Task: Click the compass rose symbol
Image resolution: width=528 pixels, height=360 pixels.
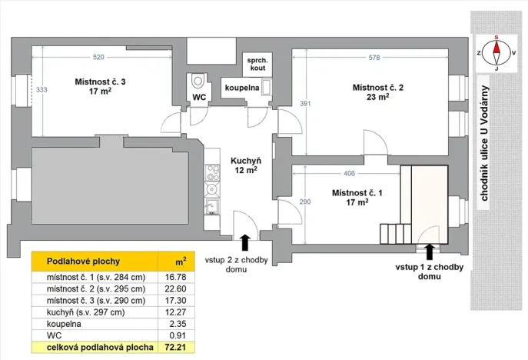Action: coord(496,52)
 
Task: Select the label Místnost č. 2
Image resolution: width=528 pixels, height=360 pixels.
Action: coord(377,87)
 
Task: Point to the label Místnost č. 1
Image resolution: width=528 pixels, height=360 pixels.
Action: coord(357,192)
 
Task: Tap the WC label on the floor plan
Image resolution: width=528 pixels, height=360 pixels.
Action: coord(198,98)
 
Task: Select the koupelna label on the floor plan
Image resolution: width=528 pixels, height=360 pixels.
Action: coord(241,88)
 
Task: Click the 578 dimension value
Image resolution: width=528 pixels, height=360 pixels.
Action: coord(374,58)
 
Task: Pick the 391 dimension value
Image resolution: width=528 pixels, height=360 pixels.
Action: coord(305,104)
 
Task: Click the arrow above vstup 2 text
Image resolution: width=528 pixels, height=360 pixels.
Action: coord(245,242)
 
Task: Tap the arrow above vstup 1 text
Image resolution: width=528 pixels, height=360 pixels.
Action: coord(429,251)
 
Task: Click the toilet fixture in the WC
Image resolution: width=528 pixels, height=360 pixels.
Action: coord(198,79)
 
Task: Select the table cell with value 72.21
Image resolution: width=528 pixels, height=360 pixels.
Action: coord(177,348)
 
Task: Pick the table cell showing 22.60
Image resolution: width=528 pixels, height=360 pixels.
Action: coord(177,288)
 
